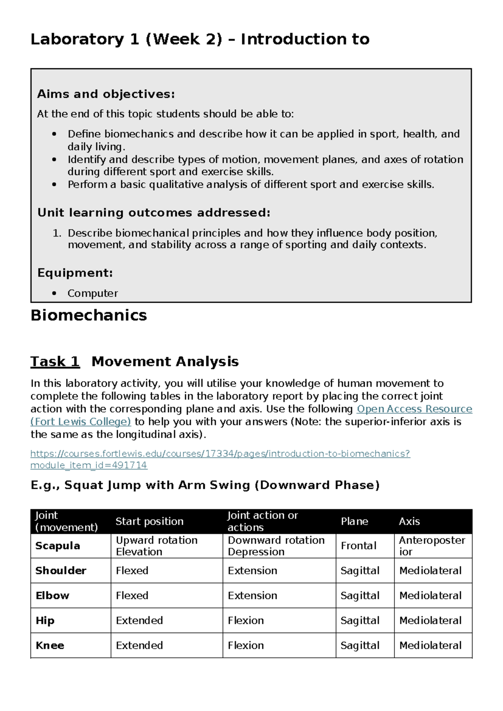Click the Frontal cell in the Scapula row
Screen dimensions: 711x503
click(359, 545)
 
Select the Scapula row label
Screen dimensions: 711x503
click(57, 545)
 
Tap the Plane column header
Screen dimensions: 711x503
click(355, 521)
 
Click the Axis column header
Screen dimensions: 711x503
click(409, 521)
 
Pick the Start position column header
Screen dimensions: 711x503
click(150, 521)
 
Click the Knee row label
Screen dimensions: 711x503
click(50, 645)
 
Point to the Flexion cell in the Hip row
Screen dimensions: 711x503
click(246, 620)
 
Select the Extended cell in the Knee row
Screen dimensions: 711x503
click(139, 645)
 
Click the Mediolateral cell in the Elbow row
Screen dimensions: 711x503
click(430, 595)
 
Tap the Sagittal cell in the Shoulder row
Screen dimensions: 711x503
click(360, 571)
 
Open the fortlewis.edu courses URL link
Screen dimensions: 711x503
click(220, 454)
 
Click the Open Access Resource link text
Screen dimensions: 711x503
click(414, 409)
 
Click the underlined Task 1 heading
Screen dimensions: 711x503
click(55, 361)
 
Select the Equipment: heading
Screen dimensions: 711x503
click(75, 273)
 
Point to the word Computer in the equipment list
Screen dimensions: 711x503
click(93, 293)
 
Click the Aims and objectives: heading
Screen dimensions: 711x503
click(106, 94)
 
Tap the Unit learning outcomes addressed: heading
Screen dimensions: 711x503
click(153, 213)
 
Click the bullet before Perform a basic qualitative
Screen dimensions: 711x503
click(54, 184)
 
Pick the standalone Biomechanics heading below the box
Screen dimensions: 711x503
click(89, 315)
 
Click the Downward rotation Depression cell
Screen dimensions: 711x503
click(276, 545)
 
